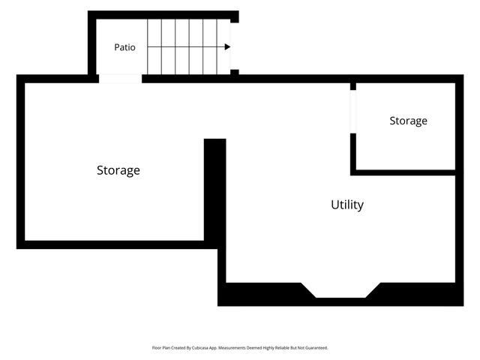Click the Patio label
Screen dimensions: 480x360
[124, 47]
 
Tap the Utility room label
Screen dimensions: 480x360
[347, 205]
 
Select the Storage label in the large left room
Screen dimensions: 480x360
[118, 170]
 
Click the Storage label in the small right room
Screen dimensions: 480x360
[408, 121]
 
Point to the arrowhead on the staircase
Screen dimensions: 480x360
[227, 46]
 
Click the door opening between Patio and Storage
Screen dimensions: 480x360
[120, 79]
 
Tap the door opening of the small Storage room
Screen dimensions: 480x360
[353, 112]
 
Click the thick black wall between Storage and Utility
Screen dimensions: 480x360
[215, 190]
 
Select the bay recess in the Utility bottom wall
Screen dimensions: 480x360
[340, 290]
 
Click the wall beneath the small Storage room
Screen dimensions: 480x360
[403, 172]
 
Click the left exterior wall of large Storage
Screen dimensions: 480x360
[20, 162]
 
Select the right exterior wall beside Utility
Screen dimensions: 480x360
[460, 190]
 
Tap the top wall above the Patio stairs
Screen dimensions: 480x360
[163, 15]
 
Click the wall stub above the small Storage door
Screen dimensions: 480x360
[353, 86]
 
